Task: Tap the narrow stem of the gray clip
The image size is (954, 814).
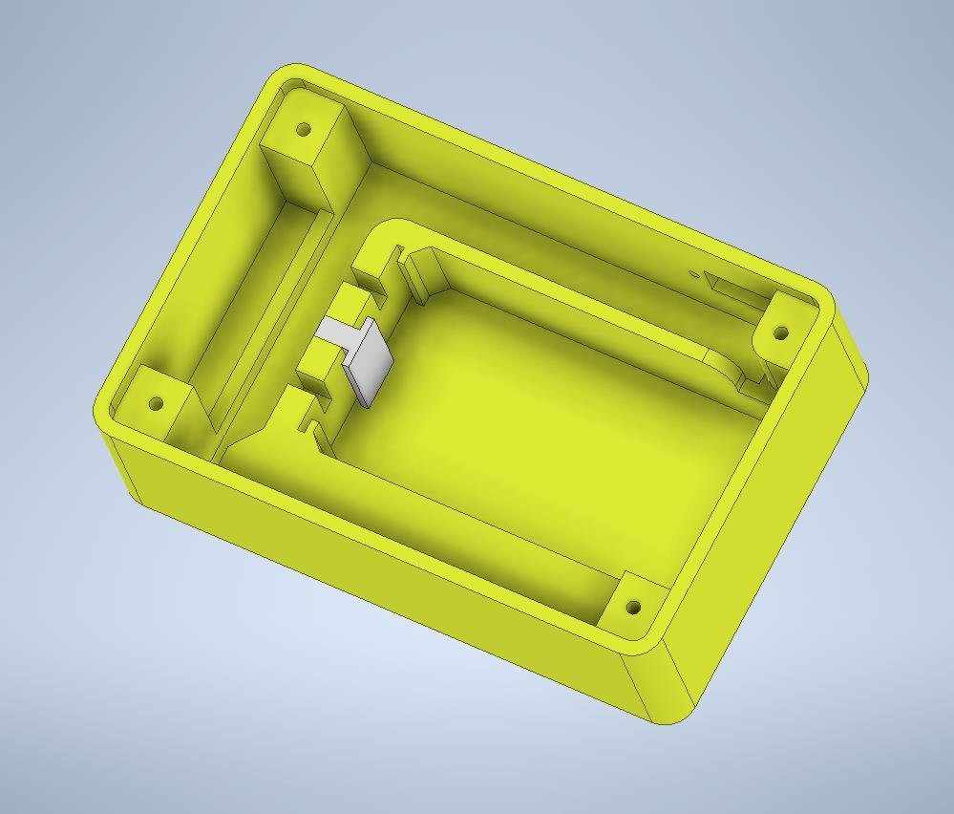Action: tap(334, 332)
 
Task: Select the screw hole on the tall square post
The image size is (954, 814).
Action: tap(305, 129)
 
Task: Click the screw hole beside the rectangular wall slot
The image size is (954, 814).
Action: tap(780, 332)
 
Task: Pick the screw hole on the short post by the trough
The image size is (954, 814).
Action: tap(157, 403)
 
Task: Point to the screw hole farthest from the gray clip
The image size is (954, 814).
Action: tap(632, 607)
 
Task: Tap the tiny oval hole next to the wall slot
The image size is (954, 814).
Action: tap(694, 274)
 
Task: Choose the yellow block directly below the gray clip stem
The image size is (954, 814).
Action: tap(320, 360)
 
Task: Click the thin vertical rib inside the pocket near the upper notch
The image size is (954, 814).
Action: tap(417, 277)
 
